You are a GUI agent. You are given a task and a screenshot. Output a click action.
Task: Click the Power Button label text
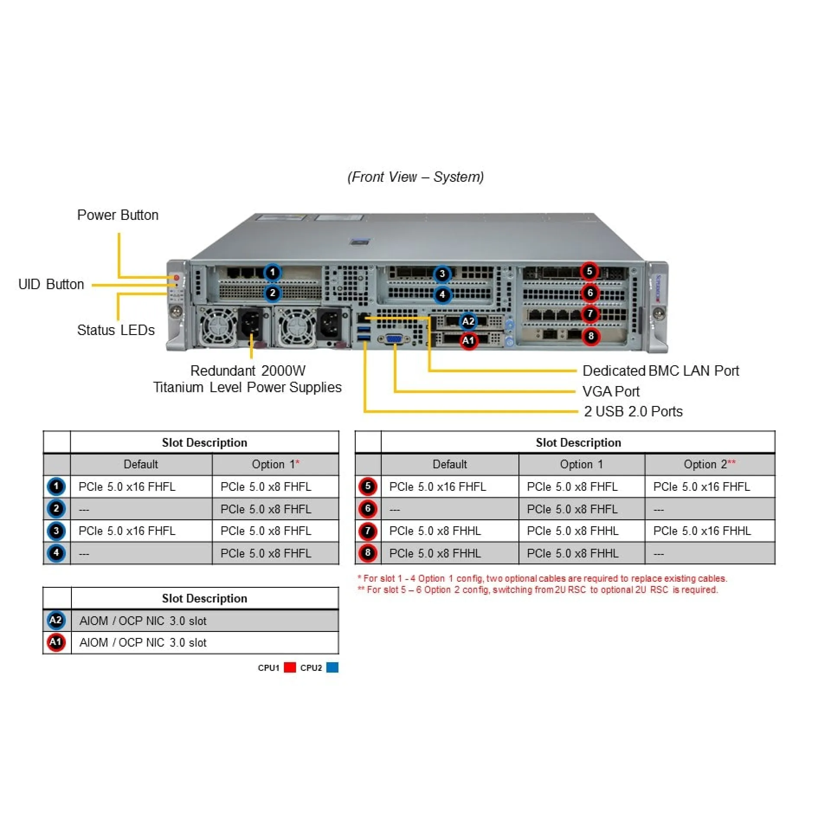pyautogui.click(x=118, y=215)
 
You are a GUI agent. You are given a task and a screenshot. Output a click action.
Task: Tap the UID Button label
pyautogui.click(x=51, y=284)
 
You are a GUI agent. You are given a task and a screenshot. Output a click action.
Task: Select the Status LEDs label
pyautogui.click(x=116, y=330)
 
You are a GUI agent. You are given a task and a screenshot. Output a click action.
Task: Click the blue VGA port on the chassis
pyautogui.click(x=394, y=339)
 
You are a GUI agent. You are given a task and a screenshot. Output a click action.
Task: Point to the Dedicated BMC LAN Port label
pyautogui.click(x=660, y=371)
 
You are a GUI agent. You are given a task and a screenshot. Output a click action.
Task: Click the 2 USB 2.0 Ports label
pyautogui.click(x=633, y=411)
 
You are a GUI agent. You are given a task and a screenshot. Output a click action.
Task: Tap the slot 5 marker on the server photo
pyautogui.click(x=589, y=271)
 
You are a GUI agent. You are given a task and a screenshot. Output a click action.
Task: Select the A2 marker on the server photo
pyautogui.click(x=468, y=321)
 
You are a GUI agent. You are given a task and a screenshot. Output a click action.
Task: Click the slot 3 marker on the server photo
pyautogui.click(x=442, y=274)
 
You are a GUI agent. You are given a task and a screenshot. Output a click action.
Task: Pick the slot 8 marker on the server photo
pyautogui.click(x=591, y=336)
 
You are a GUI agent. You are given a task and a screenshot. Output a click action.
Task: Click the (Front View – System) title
pyautogui.click(x=415, y=177)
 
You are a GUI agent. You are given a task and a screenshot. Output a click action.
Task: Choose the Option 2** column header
pyautogui.click(x=709, y=464)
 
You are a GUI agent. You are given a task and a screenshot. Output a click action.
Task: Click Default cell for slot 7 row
pyautogui.click(x=435, y=531)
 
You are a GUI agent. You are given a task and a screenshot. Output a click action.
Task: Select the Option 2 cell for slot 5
pyautogui.click(x=702, y=487)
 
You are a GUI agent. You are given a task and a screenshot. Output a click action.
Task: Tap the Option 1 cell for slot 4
pyautogui.click(x=266, y=554)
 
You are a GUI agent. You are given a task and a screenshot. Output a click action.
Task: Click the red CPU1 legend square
pyautogui.click(x=290, y=667)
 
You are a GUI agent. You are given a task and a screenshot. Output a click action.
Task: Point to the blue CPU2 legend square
pyautogui.click(x=332, y=667)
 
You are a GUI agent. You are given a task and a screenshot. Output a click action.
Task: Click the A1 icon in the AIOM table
pyautogui.click(x=56, y=642)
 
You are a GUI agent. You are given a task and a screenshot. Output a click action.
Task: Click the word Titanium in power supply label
pyautogui.click(x=178, y=387)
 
